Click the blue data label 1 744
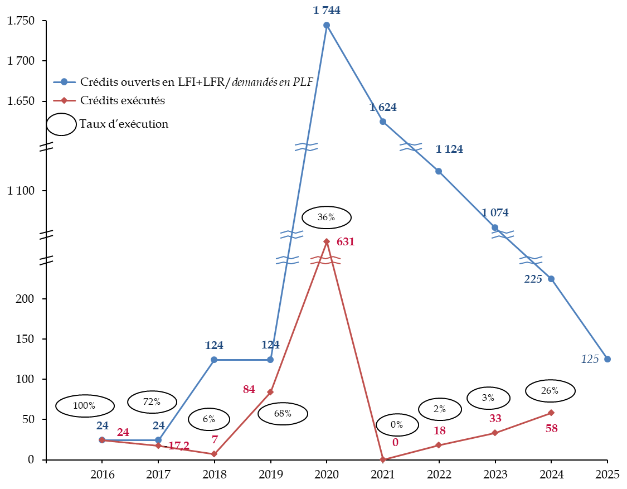tap(327, 10)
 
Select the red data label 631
tap(345, 242)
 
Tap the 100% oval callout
tap(85, 405)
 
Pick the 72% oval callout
tap(152, 401)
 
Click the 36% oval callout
tap(326, 217)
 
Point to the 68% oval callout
tap(283, 414)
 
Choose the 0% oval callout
tap(397, 425)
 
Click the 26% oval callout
tap(550, 391)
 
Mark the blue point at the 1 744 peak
tap(327, 25)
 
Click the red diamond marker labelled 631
tap(327, 241)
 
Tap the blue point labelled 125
tap(607, 359)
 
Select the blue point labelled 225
tap(551, 279)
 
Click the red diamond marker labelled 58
tap(551, 413)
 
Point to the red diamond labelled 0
tap(383, 459)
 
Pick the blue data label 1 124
tap(449, 149)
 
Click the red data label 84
tap(249, 390)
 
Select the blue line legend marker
tap(64, 82)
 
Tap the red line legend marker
tap(64, 100)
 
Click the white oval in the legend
tap(61, 124)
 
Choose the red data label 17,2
tap(178, 446)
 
